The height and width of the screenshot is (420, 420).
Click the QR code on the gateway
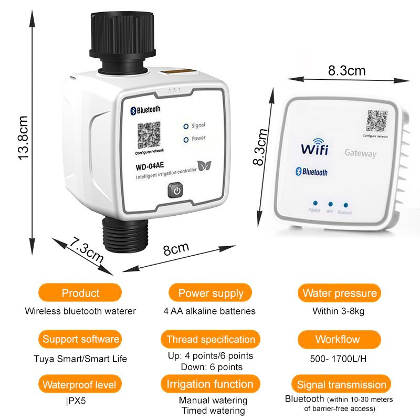(x=377, y=120)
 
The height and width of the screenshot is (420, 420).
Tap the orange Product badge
(x=80, y=293)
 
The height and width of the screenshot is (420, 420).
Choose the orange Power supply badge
(x=210, y=293)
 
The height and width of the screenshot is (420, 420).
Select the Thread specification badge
(x=210, y=339)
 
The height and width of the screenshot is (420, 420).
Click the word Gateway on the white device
(x=360, y=153)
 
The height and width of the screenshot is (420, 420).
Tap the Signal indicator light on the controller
(x=186, y=126)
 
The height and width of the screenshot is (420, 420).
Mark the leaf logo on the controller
(x=205, y=166)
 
